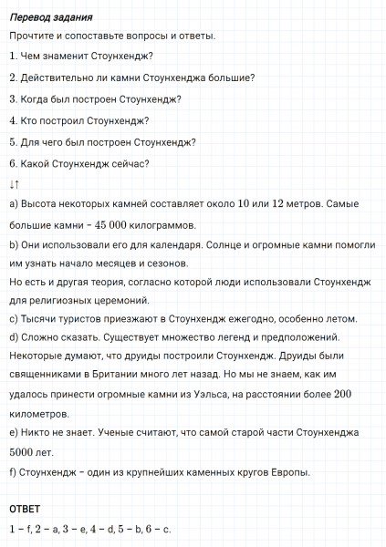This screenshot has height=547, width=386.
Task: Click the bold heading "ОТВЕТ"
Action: pos(26,508)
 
